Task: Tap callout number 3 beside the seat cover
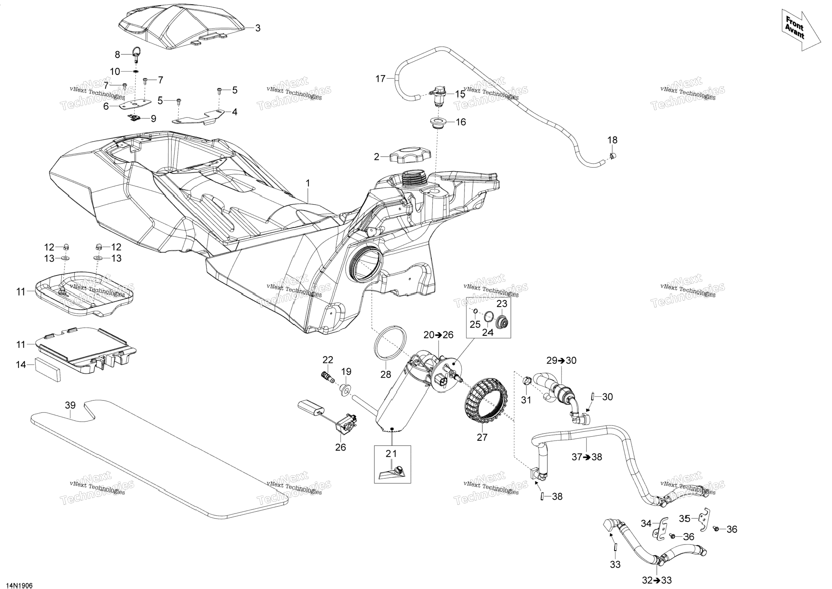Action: [258, 28]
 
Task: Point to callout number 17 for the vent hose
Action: [380, 79]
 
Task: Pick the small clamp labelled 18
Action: [612, 155]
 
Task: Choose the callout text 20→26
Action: [438, 335]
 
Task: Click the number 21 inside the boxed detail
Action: [391, 454]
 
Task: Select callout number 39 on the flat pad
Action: [70, 405]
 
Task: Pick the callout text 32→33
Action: [657, 580]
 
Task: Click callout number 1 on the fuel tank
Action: [308, 183]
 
